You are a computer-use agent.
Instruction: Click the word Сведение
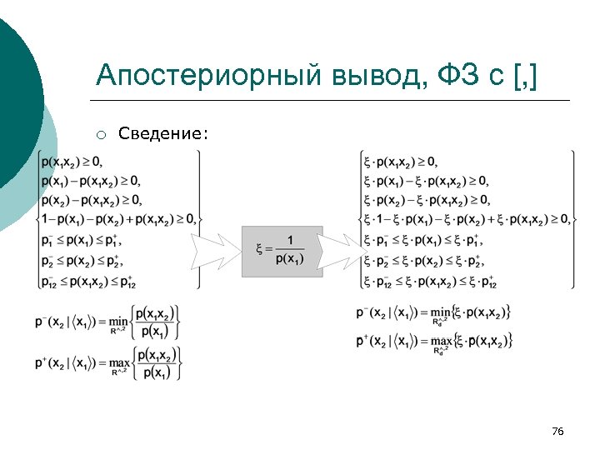(x=163, y=133)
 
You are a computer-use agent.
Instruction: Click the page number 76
(x=557, y=431)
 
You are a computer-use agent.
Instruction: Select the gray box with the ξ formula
(x=282, y=251)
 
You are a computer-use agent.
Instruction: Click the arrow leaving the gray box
(x=337, y=251)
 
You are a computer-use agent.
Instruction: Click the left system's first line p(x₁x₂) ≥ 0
(x=74, y=161)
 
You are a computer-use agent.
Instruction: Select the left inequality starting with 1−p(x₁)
(x=117, y=220)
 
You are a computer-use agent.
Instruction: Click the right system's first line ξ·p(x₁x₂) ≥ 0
(x=401, y=161)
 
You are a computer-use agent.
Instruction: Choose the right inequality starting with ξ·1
(x=467, y=220)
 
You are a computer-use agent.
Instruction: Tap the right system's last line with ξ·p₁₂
(x=430, y=282)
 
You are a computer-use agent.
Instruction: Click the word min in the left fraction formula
(x=121, y=321)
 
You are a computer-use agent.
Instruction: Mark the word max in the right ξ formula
(x=442, y=341)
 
